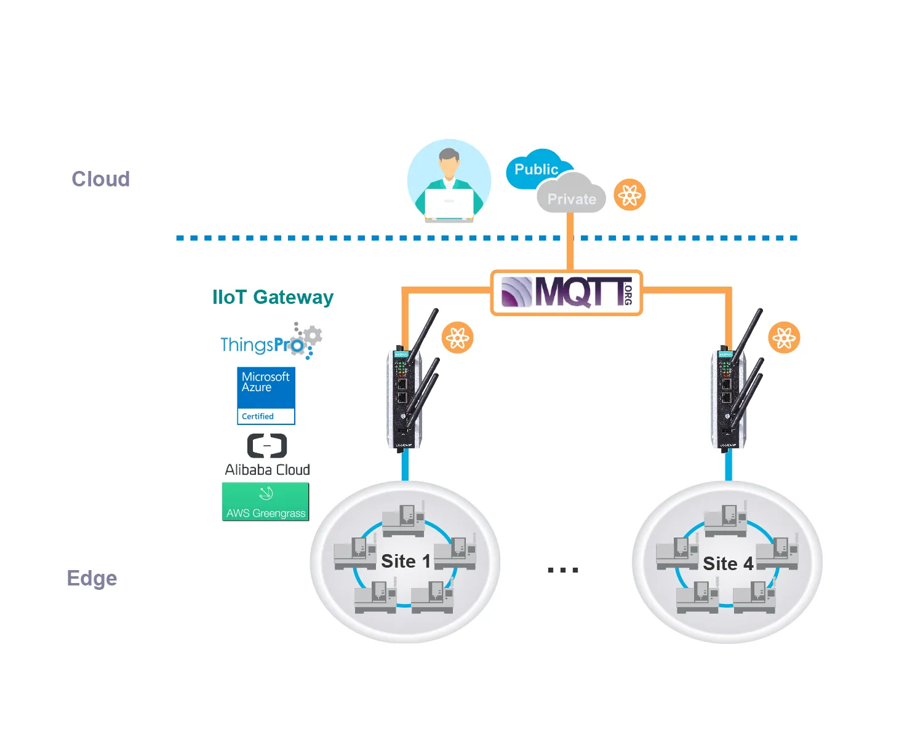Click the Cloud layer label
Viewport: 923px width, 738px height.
click(x=101, y=179)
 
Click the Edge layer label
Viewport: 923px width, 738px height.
click(x=92, y=578)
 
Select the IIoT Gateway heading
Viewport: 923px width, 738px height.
click(x=273, y=297)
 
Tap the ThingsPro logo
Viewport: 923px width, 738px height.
click(x=271, y=342)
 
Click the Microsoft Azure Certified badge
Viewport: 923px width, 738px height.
click(x=266, y=395)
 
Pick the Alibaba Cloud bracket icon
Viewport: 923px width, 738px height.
click(x=267, y=446)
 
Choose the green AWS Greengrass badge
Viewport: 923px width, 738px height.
click(x=265, y=502)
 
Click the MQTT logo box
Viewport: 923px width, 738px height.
click(x=566, y=293)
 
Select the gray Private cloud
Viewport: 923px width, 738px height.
click(x=571, y=196)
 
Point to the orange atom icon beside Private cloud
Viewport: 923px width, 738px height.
click(x=629, y=195)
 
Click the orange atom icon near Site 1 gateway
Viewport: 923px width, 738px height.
click(x=458, y=338)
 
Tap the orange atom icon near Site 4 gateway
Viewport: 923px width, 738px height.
click(x=785, y=338)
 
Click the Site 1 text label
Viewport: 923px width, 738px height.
click(x=406, y=561)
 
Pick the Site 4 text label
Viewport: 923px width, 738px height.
click(x=728, y=563)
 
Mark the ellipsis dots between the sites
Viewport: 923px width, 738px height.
click(x=563, y=570)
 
